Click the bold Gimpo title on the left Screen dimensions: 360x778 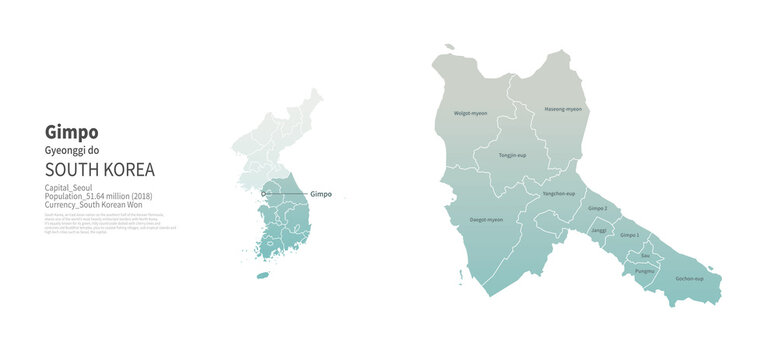click(71, 131)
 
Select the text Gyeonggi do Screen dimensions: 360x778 click(73, 150)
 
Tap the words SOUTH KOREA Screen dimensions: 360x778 click(100, 169)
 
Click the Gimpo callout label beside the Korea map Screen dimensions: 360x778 click(321, 194)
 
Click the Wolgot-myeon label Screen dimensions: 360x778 click(470, 113)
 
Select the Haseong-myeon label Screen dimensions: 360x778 click(562, 108)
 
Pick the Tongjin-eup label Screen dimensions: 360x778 click(513, 156)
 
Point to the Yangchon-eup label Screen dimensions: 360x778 click(559, 193)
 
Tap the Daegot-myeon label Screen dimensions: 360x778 click(486, 219)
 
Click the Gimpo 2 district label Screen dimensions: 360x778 click(598, 207)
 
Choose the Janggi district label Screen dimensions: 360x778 click(598, 230)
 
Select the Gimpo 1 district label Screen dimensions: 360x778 click(629, 235)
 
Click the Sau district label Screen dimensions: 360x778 click(645, 256)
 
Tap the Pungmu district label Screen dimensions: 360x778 click(645, 271)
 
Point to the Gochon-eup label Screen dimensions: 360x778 click(689, 278)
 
